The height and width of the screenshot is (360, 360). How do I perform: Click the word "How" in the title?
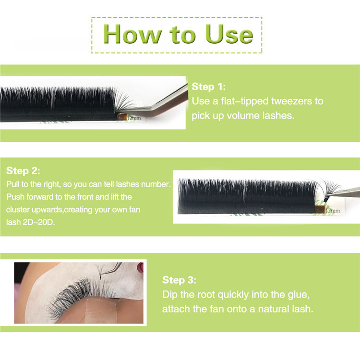(132, 34)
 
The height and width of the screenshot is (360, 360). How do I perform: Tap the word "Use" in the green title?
(229, 34)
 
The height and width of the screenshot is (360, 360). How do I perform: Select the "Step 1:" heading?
(209, 87)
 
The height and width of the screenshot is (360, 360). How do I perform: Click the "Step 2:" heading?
(23, 171)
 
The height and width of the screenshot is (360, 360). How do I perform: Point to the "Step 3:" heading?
(180, 280)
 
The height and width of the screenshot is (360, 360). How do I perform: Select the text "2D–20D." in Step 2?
(39, 222)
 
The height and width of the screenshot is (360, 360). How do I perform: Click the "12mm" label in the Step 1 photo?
(134, 118)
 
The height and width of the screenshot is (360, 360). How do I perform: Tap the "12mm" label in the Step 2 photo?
(333, 210)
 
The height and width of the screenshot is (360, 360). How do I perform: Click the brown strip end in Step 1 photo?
(122, 117)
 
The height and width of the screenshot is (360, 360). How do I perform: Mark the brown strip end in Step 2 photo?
(320, 209)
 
